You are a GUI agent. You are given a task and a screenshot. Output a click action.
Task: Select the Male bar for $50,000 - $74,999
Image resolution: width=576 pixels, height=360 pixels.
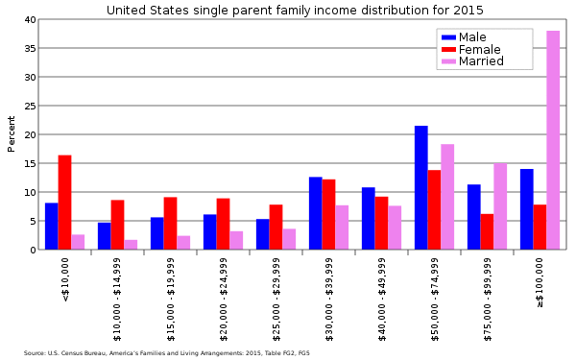[420, 187]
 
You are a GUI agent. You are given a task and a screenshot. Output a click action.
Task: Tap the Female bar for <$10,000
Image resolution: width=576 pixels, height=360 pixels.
[64, 203]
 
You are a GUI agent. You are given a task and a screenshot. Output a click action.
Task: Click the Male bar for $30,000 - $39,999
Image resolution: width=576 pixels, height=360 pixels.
[315, 213]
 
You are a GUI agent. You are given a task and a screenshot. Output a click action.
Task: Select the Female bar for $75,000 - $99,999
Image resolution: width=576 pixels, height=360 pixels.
[487, 231]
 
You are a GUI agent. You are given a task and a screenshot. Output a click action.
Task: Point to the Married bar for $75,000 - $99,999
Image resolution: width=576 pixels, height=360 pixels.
[500, 206]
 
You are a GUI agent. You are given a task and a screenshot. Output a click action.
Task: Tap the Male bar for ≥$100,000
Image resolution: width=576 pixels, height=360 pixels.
[526, 209]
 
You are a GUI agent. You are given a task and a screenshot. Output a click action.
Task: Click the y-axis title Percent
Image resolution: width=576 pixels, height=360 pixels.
[12, 134]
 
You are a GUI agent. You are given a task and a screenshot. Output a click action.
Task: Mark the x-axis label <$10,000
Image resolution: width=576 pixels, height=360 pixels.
[65, 279]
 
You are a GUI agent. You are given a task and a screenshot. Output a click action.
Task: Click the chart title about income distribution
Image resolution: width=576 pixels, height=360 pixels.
[296, 10]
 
